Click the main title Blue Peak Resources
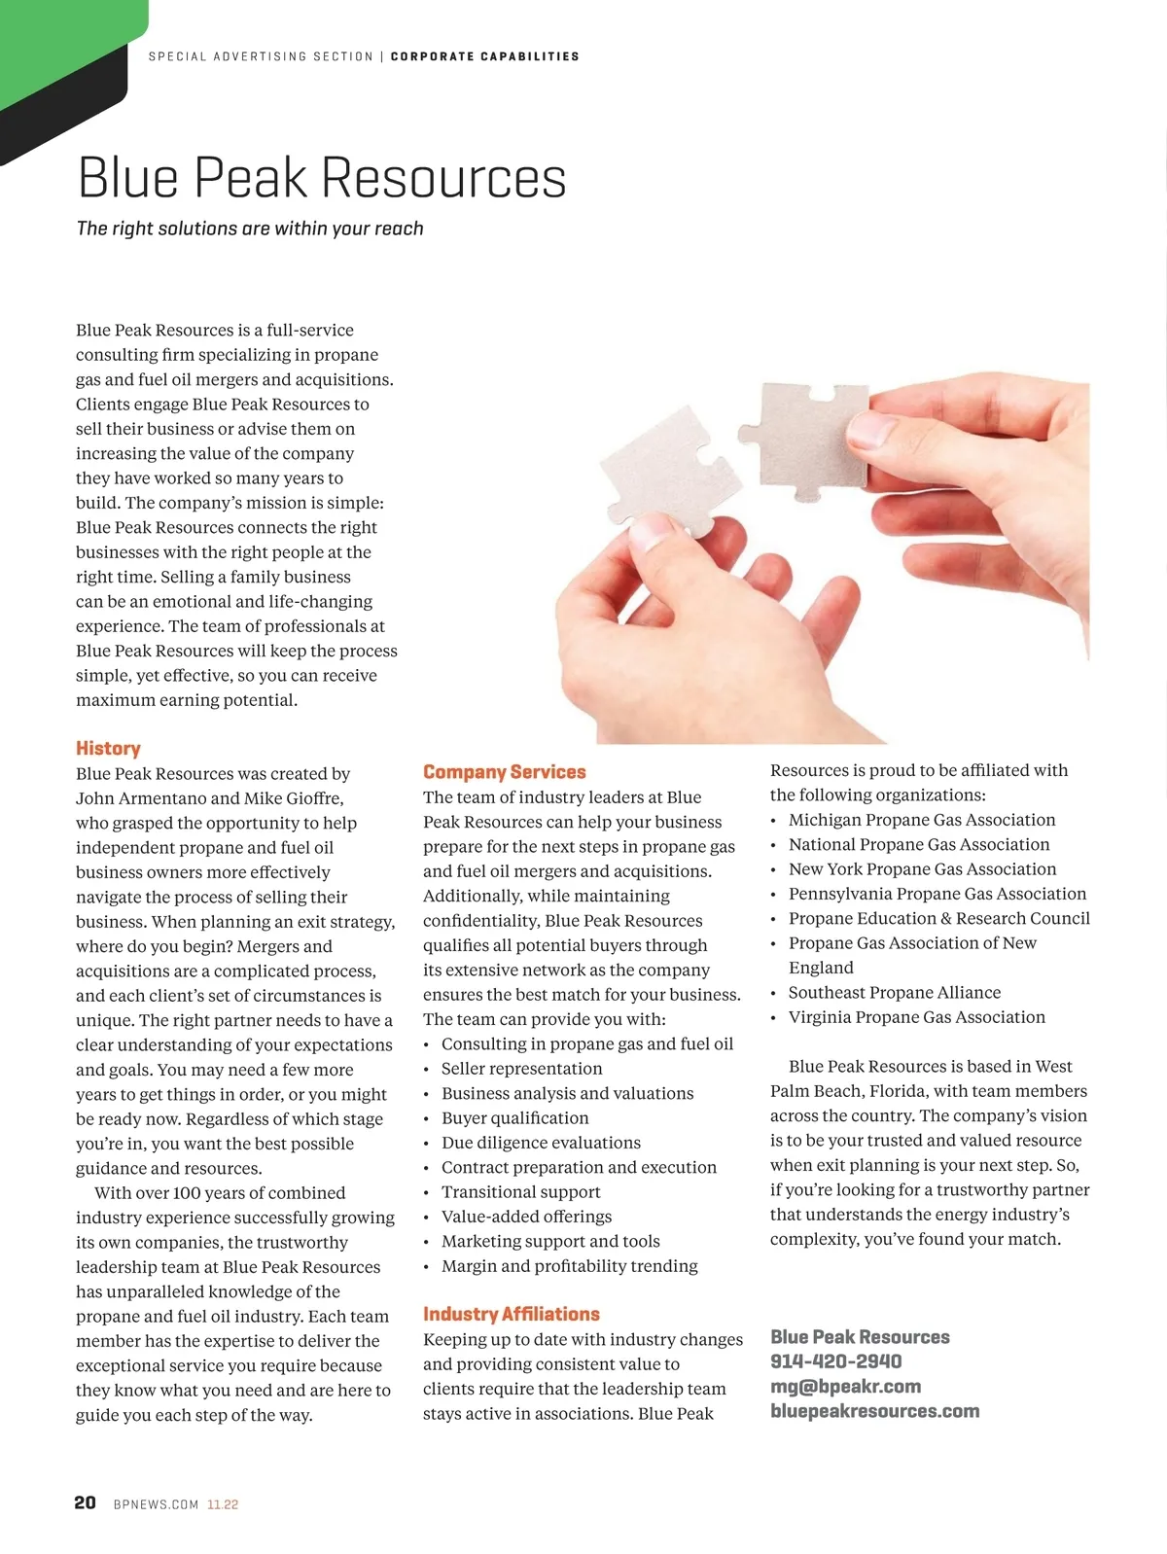coord(321,178)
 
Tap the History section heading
coord(108,748)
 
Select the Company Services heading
coord(504,772)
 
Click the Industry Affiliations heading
coord(511,1314)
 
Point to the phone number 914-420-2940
coord(835,1361)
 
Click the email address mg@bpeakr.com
coord(845,1386)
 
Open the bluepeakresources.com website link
coord(874,1411)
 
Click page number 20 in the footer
coord(86,1502)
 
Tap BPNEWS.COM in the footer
coord(156,1504)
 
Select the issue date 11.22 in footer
coord(223,1504)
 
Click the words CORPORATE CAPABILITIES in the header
coord(484,56)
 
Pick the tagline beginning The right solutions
coord(250,229)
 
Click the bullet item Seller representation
coord(521,1069)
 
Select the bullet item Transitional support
coord(520,1192)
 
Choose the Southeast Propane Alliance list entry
coord(894,992)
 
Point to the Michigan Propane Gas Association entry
coord(921,820)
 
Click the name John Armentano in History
coord(140,798)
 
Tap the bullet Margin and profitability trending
coord(569,1266)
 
